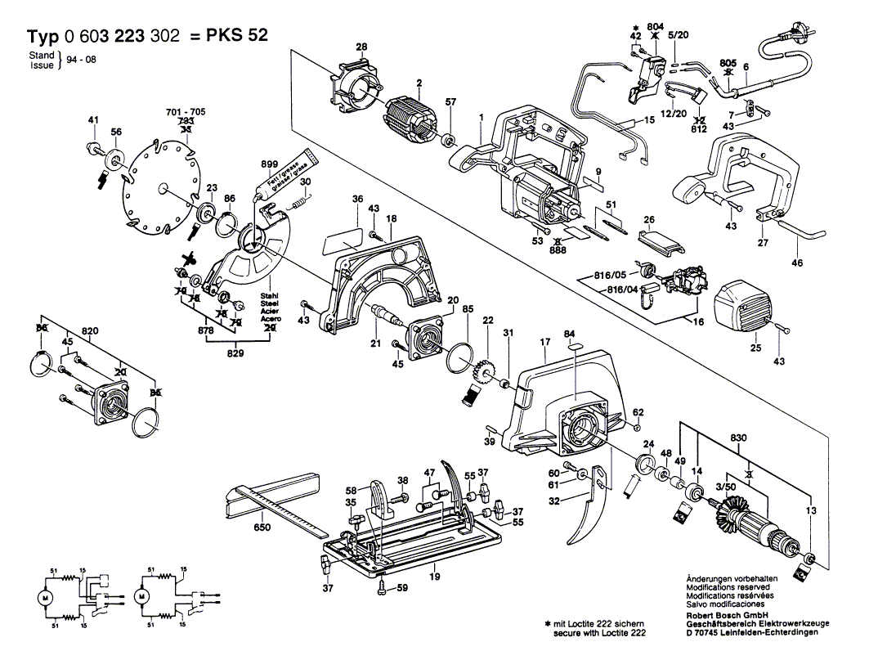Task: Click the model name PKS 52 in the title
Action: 239,36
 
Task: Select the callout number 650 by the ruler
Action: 262,528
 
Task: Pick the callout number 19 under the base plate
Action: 435,577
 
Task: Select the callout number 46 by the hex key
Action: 797,263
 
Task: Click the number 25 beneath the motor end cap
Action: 755,348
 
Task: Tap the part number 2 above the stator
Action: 419,83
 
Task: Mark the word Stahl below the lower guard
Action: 271,296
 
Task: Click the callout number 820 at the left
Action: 90,330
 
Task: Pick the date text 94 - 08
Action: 82,60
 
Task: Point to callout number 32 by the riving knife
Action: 554,501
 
